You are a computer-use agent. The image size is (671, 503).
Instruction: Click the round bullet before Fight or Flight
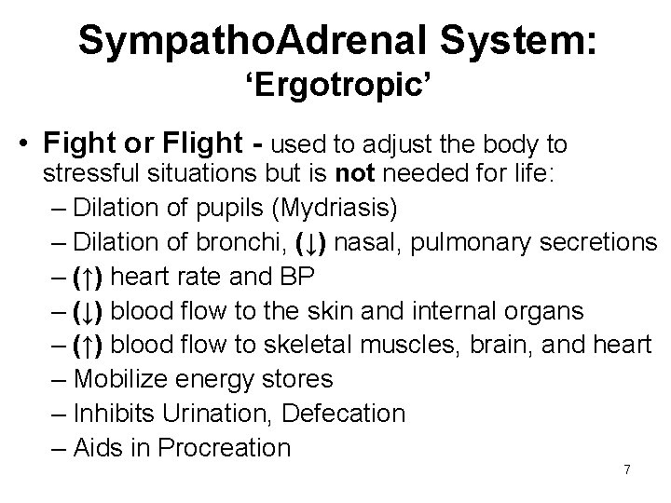[28, 146]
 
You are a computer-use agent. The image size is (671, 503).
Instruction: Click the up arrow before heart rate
[91, 278]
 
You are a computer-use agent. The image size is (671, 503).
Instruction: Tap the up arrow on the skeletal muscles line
[91, 346]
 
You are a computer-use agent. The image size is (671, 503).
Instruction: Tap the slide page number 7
[627, 469]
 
